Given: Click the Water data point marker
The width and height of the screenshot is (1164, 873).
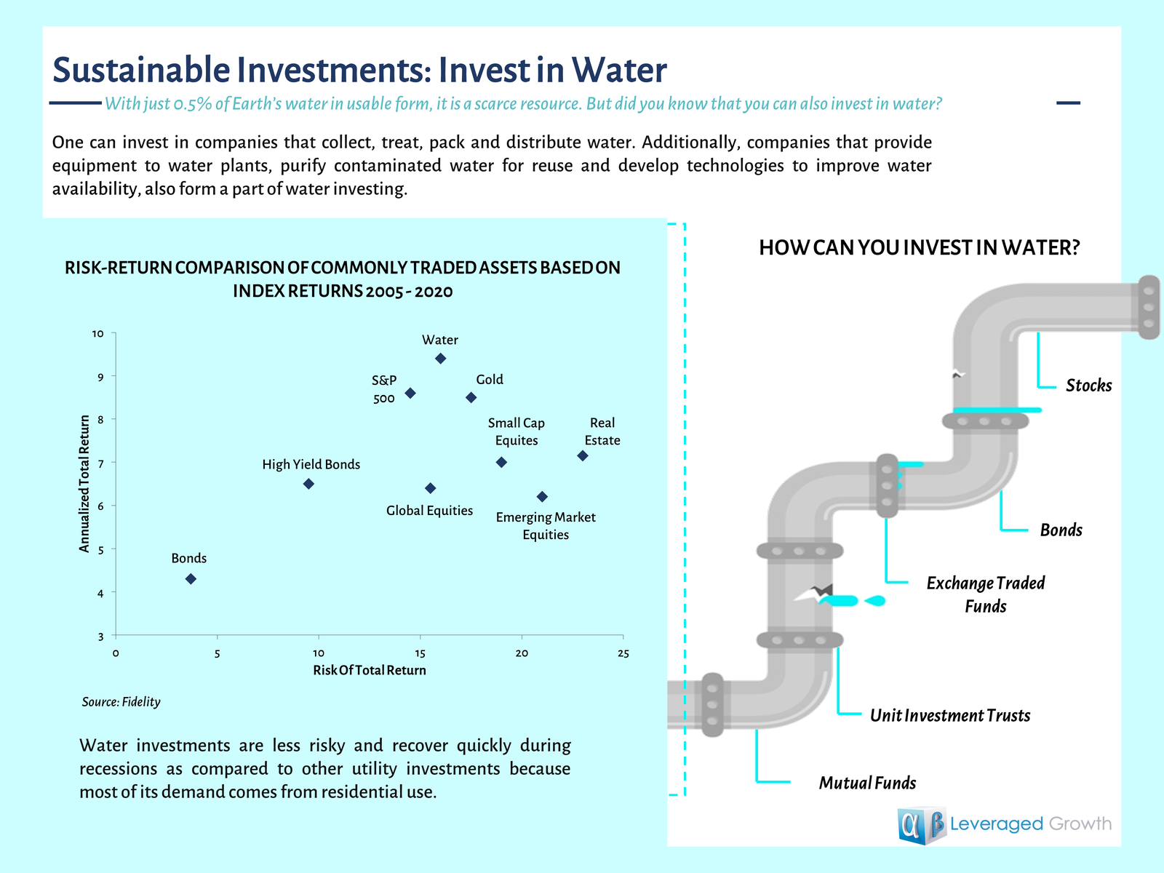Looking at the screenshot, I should point(440,359).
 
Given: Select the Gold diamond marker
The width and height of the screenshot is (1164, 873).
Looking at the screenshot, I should point(471,397).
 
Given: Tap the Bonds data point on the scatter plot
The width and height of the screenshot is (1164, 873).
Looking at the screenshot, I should point(191,579).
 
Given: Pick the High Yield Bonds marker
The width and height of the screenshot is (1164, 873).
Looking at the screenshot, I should point(308,484).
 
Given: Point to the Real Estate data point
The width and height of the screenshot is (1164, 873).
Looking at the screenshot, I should point(582,456).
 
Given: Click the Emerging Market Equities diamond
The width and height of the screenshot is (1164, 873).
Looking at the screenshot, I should point(542,497).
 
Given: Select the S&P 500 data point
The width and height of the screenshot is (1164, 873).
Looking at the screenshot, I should point(410,393).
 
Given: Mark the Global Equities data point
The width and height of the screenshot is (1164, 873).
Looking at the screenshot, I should point(430,488).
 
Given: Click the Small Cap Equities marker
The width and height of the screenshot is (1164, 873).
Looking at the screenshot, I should point(501,463).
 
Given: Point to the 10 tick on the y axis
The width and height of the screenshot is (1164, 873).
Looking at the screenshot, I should point(98,334).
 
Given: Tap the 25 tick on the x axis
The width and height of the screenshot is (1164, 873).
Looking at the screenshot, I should point(623,653).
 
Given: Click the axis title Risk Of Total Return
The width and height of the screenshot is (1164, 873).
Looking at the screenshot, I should point(370,670).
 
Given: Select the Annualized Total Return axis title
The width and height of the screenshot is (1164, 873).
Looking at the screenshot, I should point(84,484).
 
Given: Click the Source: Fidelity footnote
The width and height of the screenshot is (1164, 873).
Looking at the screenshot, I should point(121,702).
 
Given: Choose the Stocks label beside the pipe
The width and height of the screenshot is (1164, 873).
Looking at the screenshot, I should point(1088,386).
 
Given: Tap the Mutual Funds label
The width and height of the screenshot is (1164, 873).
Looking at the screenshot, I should point(867,784).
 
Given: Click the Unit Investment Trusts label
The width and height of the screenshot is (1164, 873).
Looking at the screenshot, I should point(950,716).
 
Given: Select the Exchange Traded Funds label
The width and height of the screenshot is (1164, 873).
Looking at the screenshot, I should point(986,594).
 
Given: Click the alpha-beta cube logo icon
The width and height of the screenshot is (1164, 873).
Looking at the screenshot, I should point(921,826).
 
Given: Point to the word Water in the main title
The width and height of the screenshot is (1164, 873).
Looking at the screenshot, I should point(618,71).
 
